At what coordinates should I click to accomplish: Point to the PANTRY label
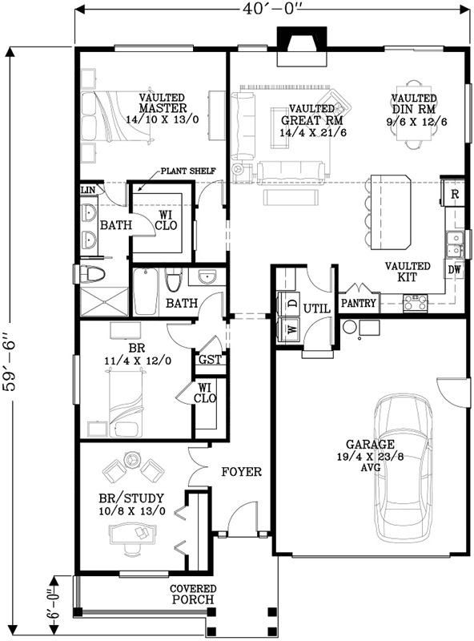359,304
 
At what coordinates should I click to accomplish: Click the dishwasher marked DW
455,270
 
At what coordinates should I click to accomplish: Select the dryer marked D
291,304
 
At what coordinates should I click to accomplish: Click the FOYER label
241,472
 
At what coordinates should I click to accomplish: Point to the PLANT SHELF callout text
187,171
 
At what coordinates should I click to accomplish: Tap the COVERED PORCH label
192,594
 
